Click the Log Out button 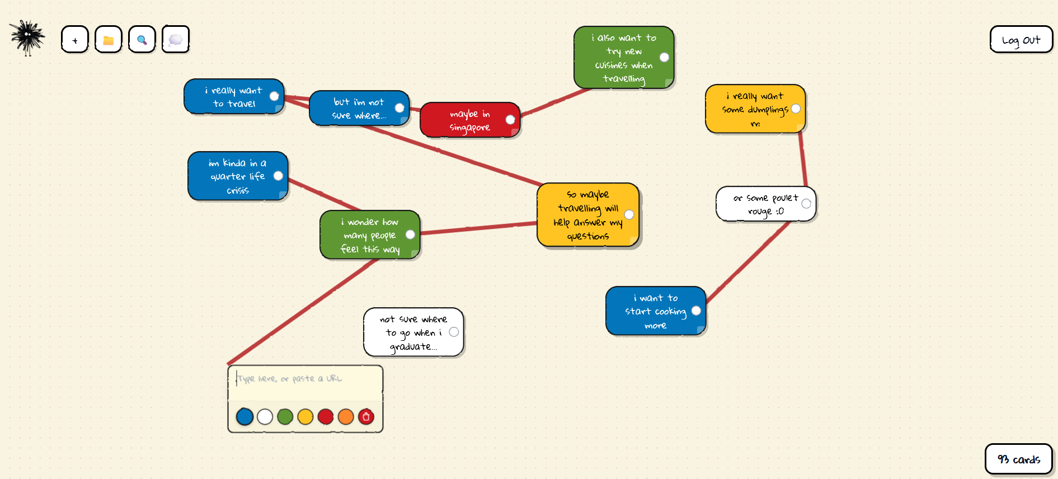(x=1021, y=40)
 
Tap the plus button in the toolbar (x=75, y=40)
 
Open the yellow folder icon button (x=109, y=40)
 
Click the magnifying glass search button (x=142, y=40)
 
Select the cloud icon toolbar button (x=176, y=40)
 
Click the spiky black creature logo (x=27, y=37)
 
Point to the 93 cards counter (x=1018, y=459)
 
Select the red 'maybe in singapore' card (x=464, y=120)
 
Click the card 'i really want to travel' (x=229, y=97)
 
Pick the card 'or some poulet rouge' (x=761, y=204)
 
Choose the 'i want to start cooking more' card (x=652, y=311)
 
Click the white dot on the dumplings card (x=796, y=109)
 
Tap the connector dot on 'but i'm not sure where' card (x=399, y=108)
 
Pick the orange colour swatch (x=346, y=417)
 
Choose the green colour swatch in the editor (x=285, y=417)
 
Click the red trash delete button (x=366, y=417)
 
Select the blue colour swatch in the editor (x=244, y=417)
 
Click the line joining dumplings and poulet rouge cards (x=803, y=159)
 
